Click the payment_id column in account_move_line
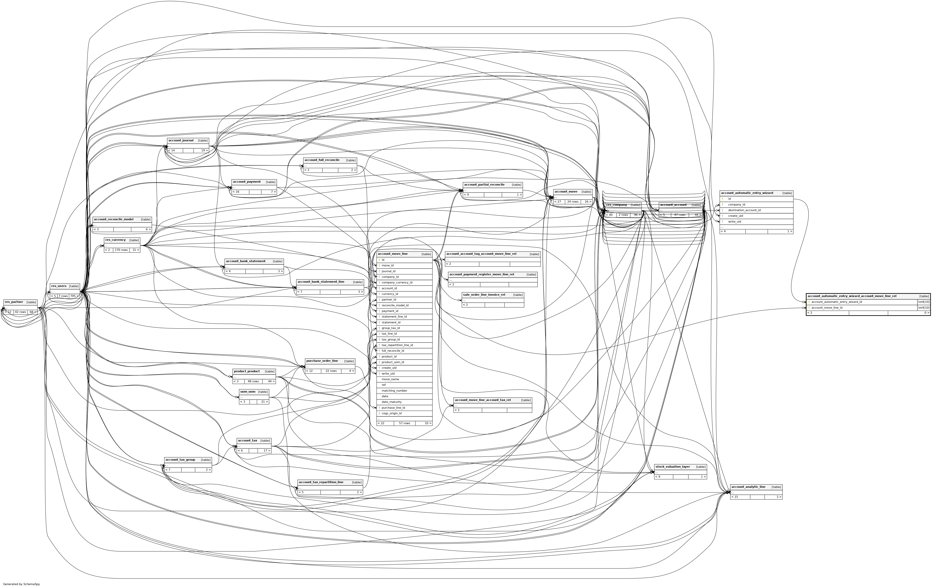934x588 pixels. (390, 311)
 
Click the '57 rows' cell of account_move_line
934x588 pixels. (404, 423)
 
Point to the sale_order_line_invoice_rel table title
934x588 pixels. (484, 295)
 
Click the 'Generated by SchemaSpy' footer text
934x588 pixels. (21, 584)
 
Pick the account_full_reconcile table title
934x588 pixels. (322, 160)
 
